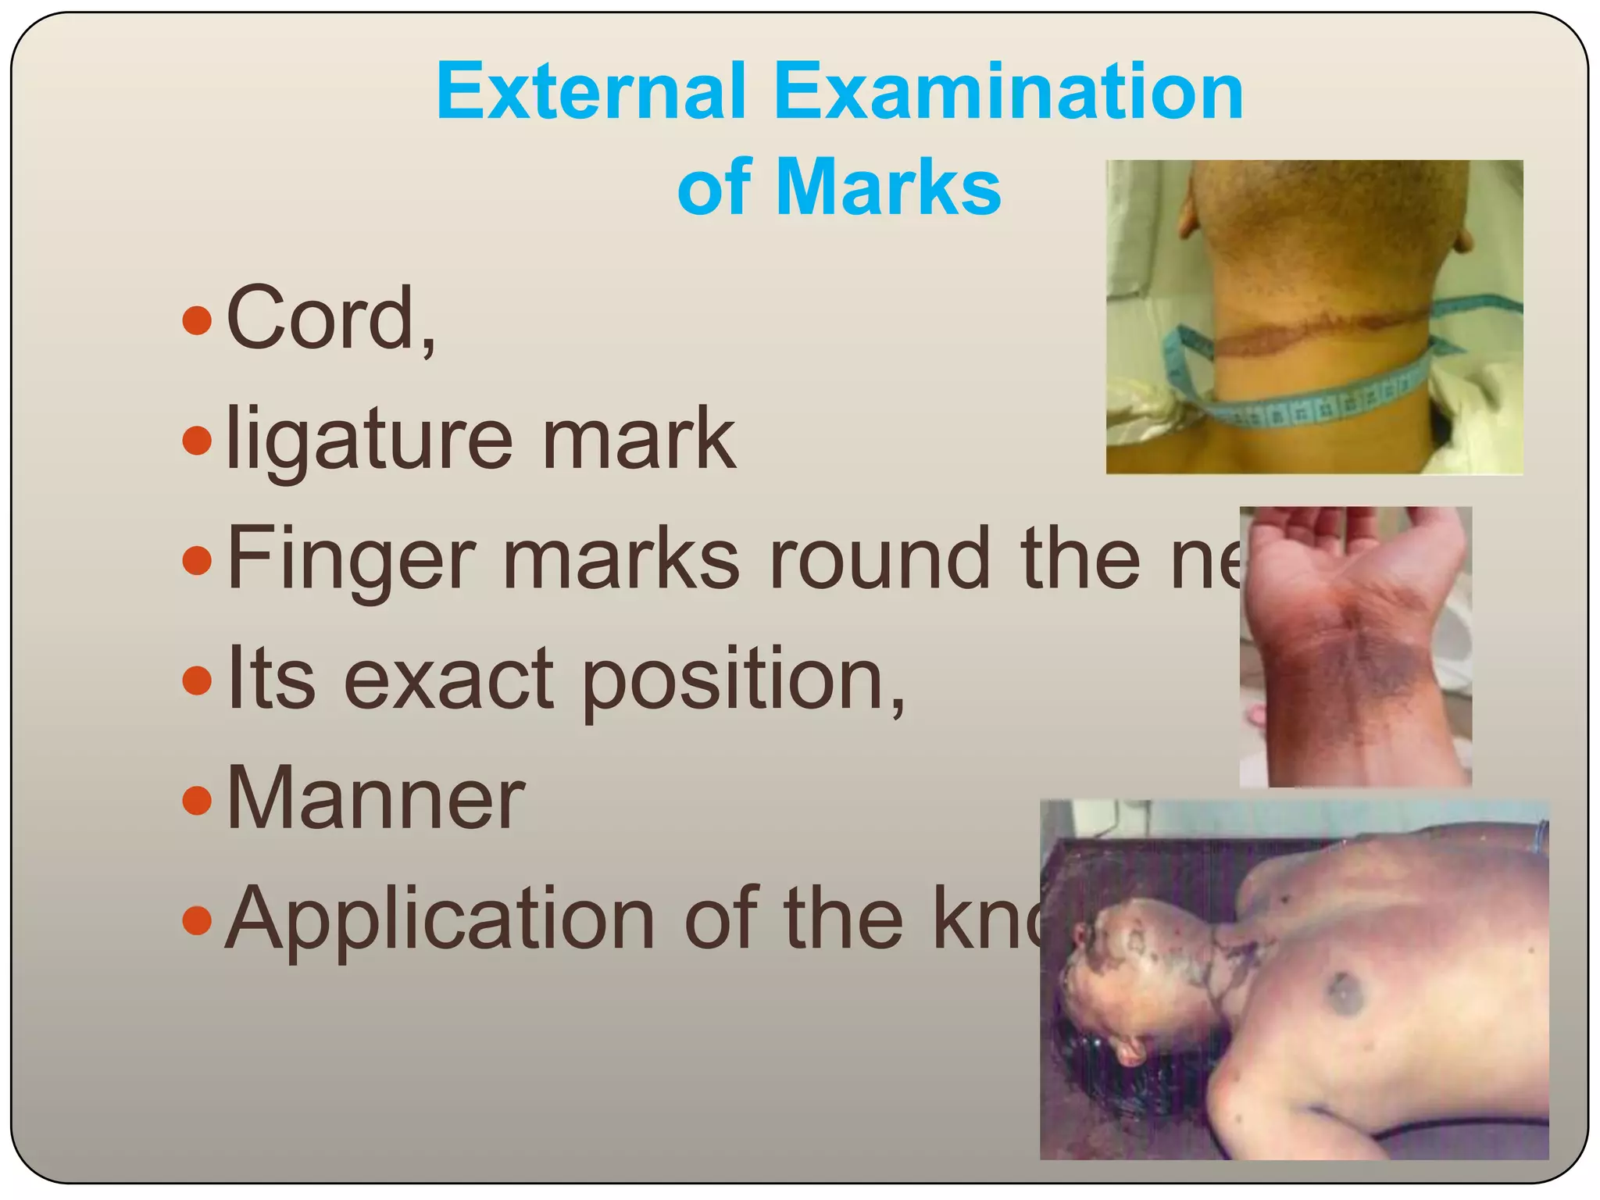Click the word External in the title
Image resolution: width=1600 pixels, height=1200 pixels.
[591, 91]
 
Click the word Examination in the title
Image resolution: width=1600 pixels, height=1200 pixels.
[1008, 91]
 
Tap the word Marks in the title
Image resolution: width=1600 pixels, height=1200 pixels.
[888, 187]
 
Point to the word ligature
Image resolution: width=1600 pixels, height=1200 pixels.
[369, 441]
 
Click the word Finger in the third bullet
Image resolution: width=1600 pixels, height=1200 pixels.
[350, 560]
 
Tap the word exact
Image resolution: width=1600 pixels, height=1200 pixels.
[448, 679]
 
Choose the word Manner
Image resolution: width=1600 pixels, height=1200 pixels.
[375, 798]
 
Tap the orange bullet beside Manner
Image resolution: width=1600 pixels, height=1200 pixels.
[197, 800]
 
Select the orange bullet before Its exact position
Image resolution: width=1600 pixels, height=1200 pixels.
[197, 680]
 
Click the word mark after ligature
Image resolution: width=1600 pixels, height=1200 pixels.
[638, 440]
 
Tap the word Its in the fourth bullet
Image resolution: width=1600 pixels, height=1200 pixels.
[271, 679]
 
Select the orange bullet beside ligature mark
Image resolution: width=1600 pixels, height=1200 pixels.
[197, 441]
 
